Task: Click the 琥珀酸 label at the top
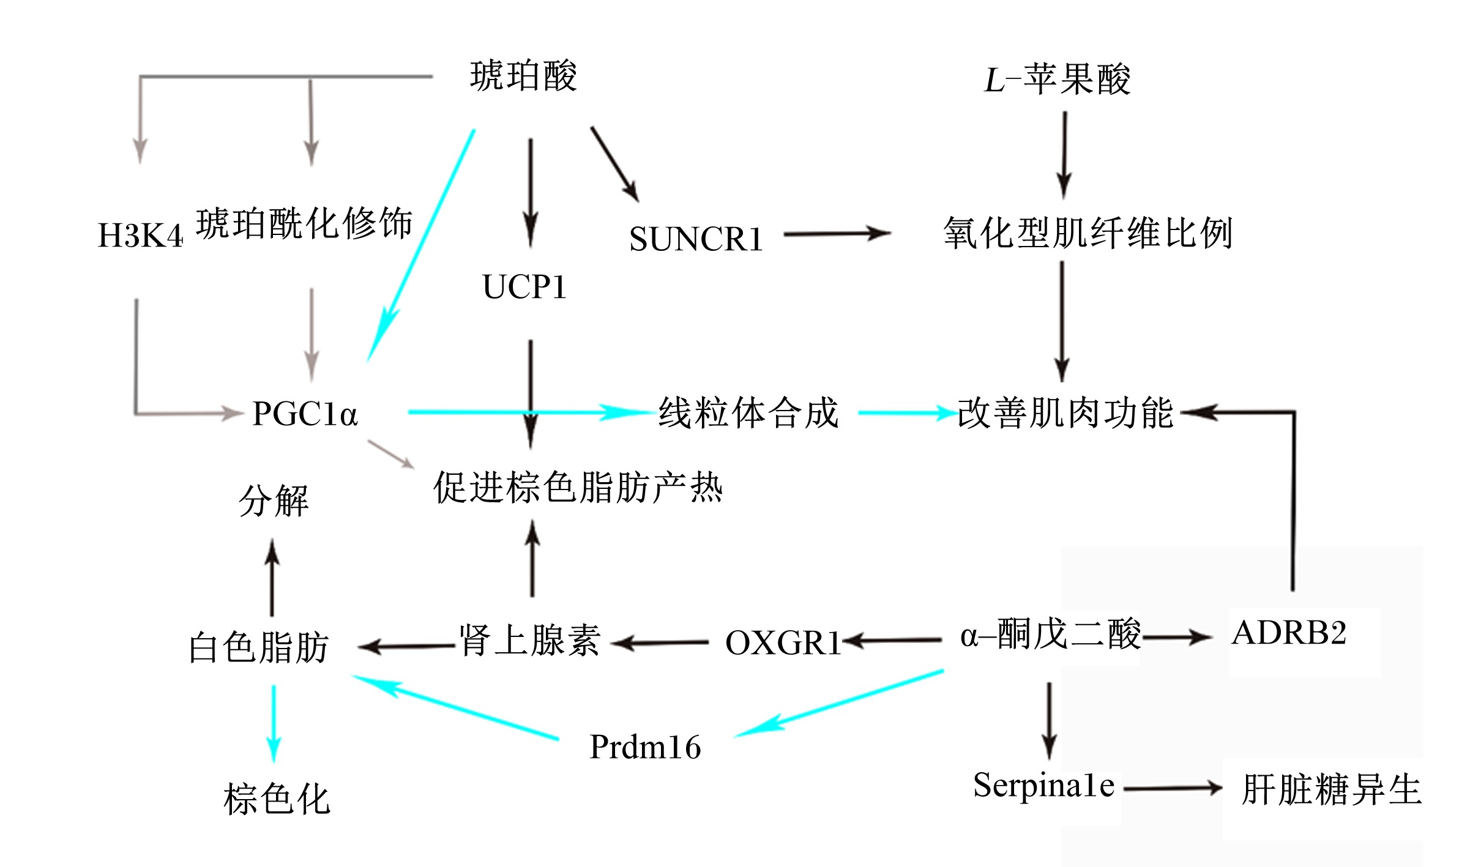523,76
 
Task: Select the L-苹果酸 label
1057,80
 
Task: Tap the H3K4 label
140,236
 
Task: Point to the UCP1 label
524,287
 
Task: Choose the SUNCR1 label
696,239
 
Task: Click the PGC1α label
305,414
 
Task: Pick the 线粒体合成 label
748,412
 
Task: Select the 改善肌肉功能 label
1065,413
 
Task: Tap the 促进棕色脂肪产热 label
578,488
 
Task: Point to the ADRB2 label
1289,633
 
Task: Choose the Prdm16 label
645,747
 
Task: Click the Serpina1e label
1044,786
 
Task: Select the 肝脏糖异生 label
1332,790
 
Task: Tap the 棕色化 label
277,799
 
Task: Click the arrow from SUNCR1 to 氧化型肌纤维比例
837,234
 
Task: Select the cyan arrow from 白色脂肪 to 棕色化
274,724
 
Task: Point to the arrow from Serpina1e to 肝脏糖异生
1173,789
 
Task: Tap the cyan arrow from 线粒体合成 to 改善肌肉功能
908,413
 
